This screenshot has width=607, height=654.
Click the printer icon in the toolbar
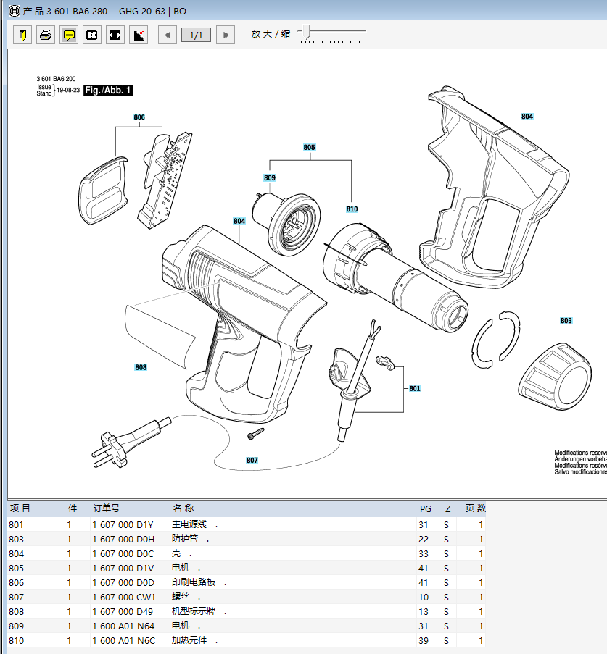coord(46,35)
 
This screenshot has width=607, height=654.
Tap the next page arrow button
coord(226,35)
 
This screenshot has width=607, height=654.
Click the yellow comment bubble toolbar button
coord(69,35)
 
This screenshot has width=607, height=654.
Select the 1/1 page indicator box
coord(196,35)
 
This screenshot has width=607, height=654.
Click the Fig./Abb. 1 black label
coord(108,90)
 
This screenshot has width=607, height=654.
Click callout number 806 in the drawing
coord(139,117)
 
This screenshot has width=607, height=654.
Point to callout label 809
coord(270,177)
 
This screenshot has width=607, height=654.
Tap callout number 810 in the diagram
coord(352,209)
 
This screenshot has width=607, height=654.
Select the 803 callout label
coord(566,320)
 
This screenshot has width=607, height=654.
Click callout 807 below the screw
coord(252,460)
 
